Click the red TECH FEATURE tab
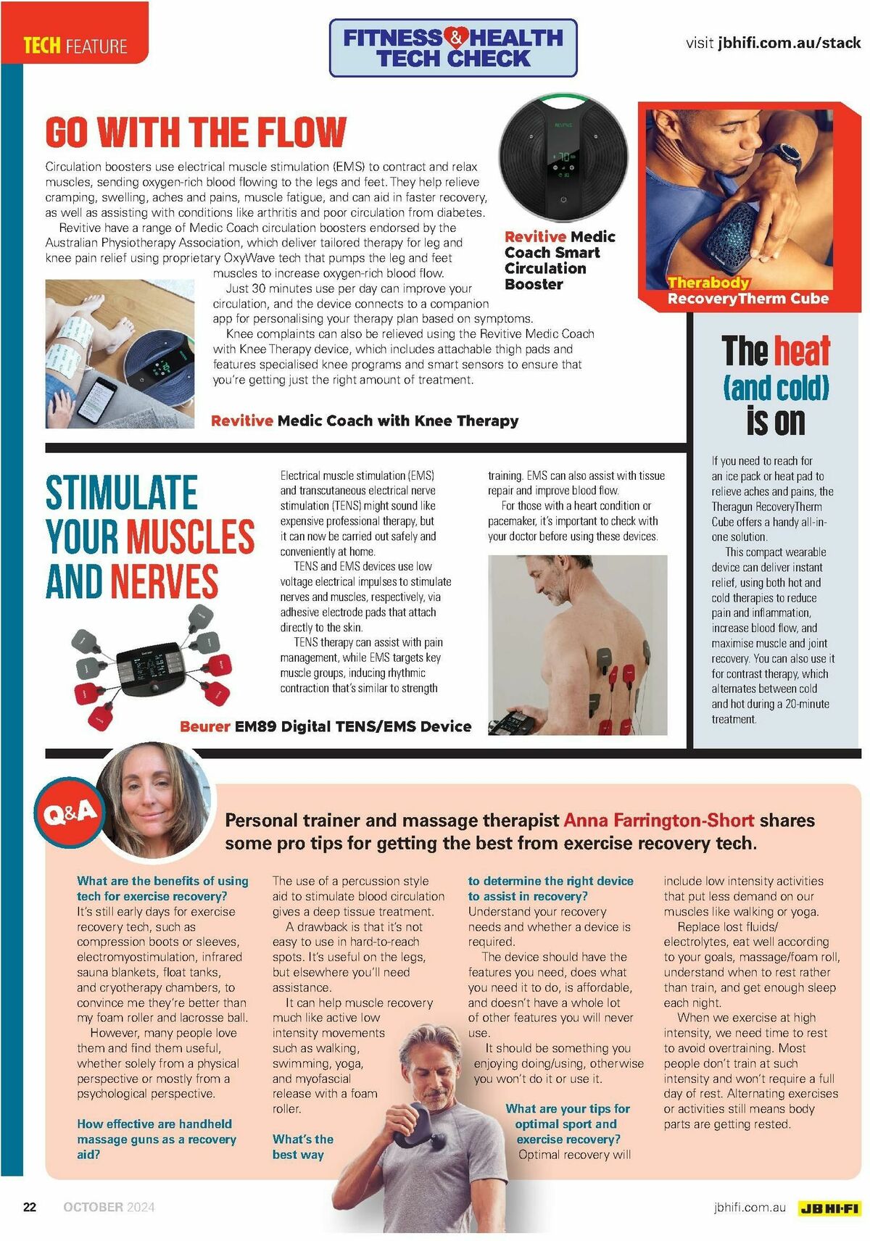point(75,46)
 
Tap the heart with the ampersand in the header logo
point(455,36)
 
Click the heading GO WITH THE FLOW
point(196,132)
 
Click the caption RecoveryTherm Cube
point(747,299)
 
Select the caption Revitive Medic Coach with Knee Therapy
point(365,420)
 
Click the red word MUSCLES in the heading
point(191,536)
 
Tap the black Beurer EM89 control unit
point(148,666)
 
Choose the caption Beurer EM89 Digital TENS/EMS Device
point(326,726)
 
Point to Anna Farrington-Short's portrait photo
point(156,801)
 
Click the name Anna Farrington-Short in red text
point(658,820)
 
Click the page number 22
point(30,1207)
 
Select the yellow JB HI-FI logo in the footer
point(829,1208)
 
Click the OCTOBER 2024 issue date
point(109,1207)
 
